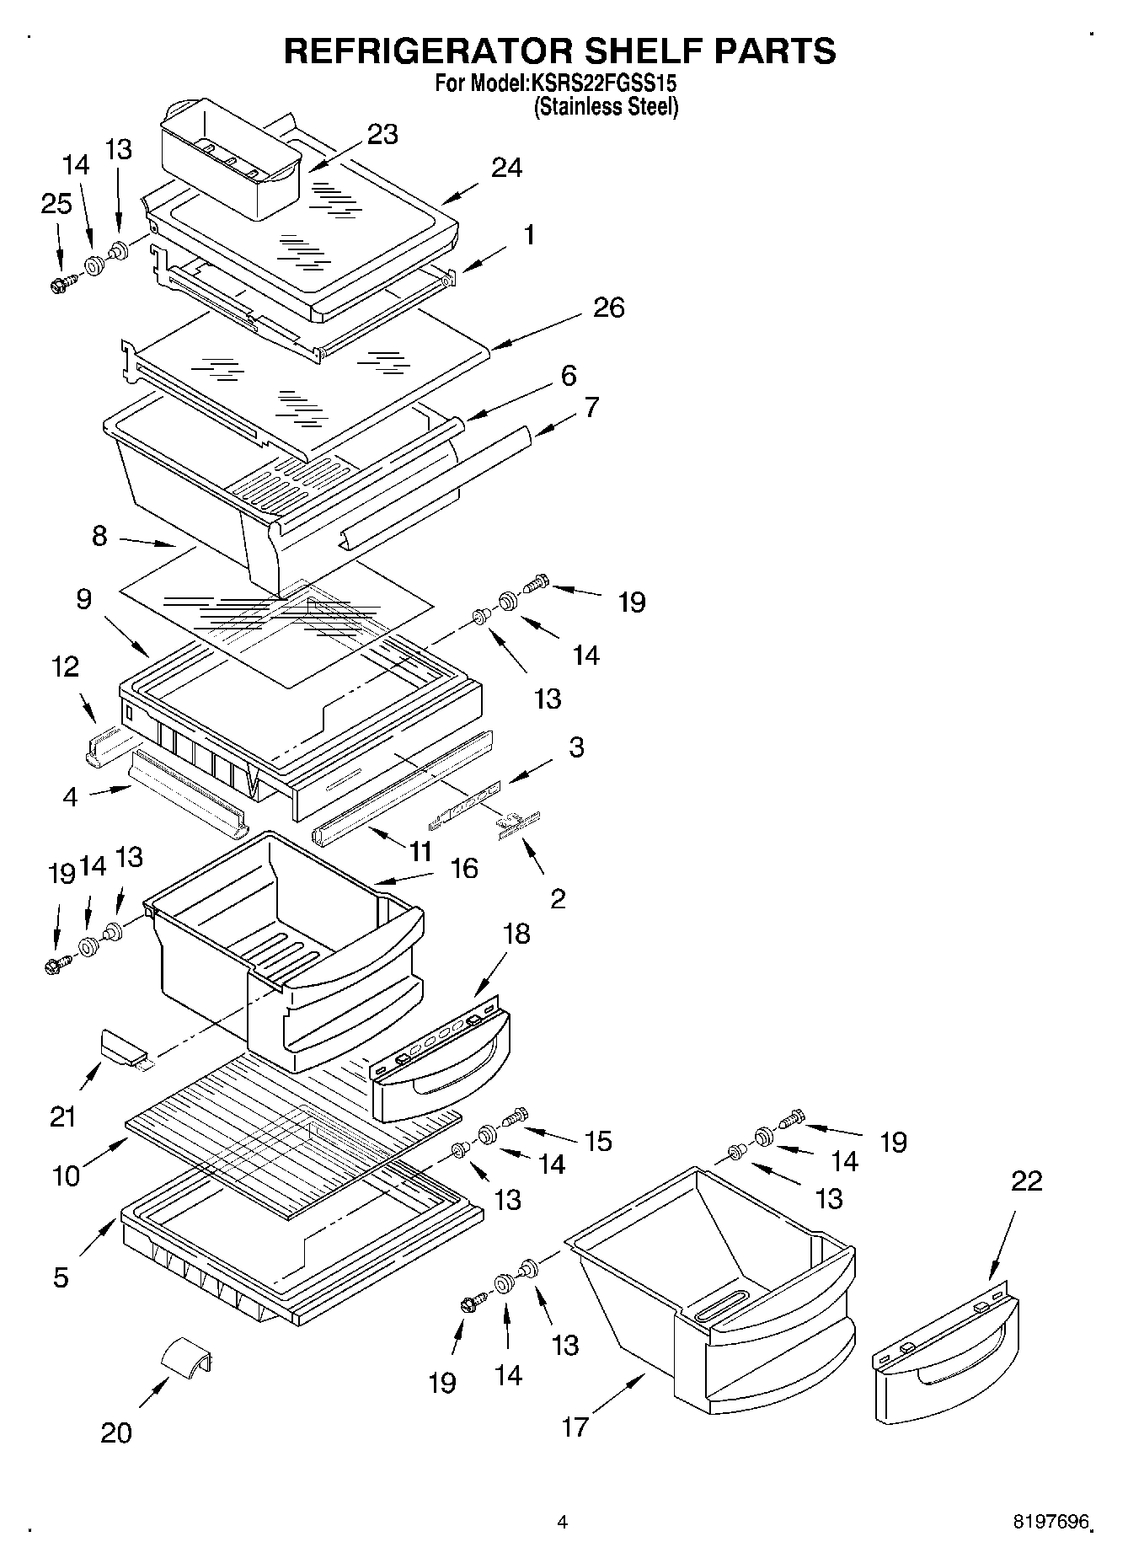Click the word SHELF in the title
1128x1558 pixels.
coord(613,51)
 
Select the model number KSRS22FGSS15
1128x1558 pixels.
coord(603,84)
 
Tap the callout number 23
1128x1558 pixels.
coord(382,134)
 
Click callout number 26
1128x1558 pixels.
coord(608,308)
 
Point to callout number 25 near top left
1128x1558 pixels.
coord(56,204)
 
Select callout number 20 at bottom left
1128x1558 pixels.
coord(116,1432)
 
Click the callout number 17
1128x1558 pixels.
coord(575,1427)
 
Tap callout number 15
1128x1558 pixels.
coord(598,1141)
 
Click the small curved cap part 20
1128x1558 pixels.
coord(186,1358)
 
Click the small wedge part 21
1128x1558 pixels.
coord(123,1048)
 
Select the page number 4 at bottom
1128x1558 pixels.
coord(562,1522)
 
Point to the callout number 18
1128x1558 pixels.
coord(516,933)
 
